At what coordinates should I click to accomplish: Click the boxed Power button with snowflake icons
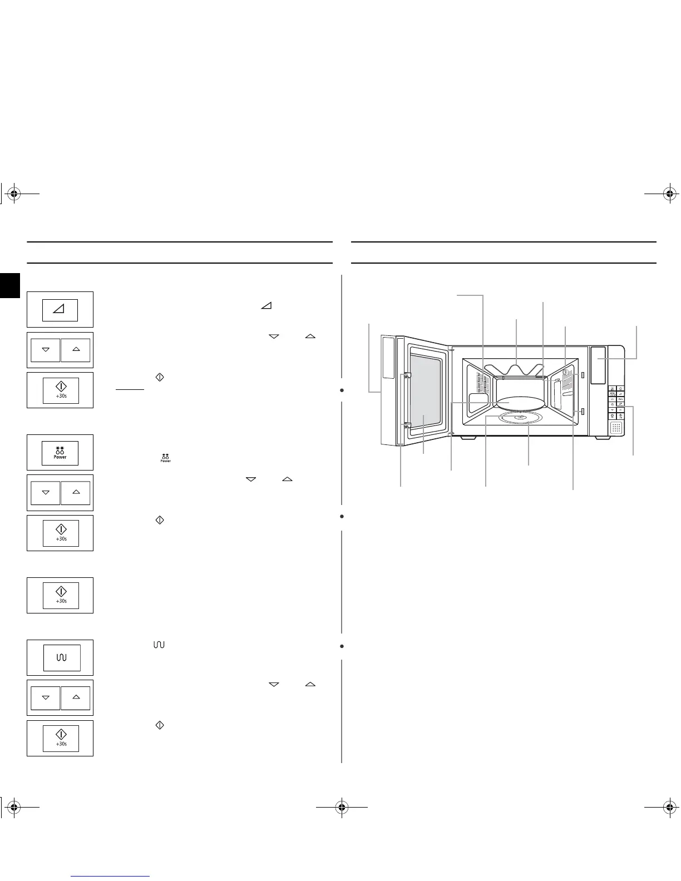point(60,453)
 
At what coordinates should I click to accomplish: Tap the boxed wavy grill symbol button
point(62,658)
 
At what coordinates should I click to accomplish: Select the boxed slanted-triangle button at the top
point(60,310)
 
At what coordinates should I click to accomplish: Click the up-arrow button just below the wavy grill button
point(76,697)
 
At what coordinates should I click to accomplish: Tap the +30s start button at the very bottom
point(61,738)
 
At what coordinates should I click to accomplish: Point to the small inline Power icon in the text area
point(165,458)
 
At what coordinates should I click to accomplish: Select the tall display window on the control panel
point(598,365)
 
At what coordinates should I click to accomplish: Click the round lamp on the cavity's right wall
point(565,371)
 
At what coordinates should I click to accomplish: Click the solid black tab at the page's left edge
point(9,285)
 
